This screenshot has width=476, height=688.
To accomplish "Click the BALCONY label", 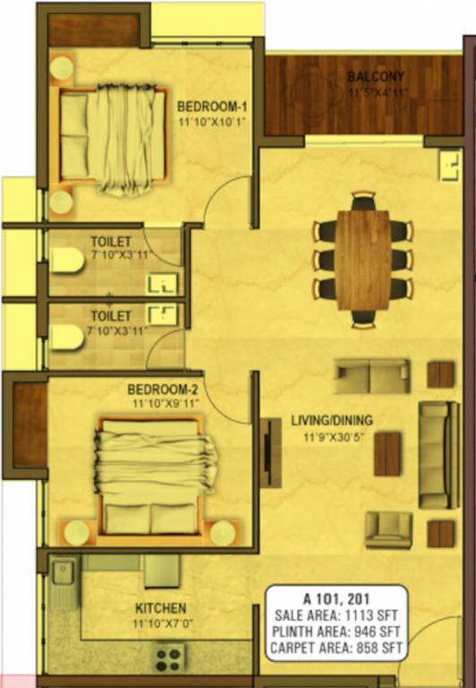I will tap(376, 77).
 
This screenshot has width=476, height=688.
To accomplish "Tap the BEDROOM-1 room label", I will tap(212, 103).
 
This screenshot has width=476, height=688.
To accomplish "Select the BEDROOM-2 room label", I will tap(163, 390).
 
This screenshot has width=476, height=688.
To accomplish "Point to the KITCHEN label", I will tap(161, 607).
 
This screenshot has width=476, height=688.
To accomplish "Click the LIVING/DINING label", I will tap(332, 420).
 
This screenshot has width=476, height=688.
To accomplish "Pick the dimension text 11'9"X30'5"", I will tap(332, 438).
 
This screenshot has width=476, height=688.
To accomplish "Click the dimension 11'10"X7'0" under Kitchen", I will tap(161, 623).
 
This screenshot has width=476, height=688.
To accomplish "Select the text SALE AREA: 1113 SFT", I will tap(338, 616).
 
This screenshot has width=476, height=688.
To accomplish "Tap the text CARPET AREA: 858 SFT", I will tap(338, 648).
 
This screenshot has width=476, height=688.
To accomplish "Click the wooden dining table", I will tap(363, 259).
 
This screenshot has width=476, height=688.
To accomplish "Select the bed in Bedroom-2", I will tap(158, 475).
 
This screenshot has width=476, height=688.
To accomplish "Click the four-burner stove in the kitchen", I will tap(170, 658).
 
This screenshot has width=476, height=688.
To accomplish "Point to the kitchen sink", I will tap(62, 580).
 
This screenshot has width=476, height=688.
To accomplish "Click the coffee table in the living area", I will tap(387, 453).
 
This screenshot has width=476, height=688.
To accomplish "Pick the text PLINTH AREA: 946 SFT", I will tap(338, 632).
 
